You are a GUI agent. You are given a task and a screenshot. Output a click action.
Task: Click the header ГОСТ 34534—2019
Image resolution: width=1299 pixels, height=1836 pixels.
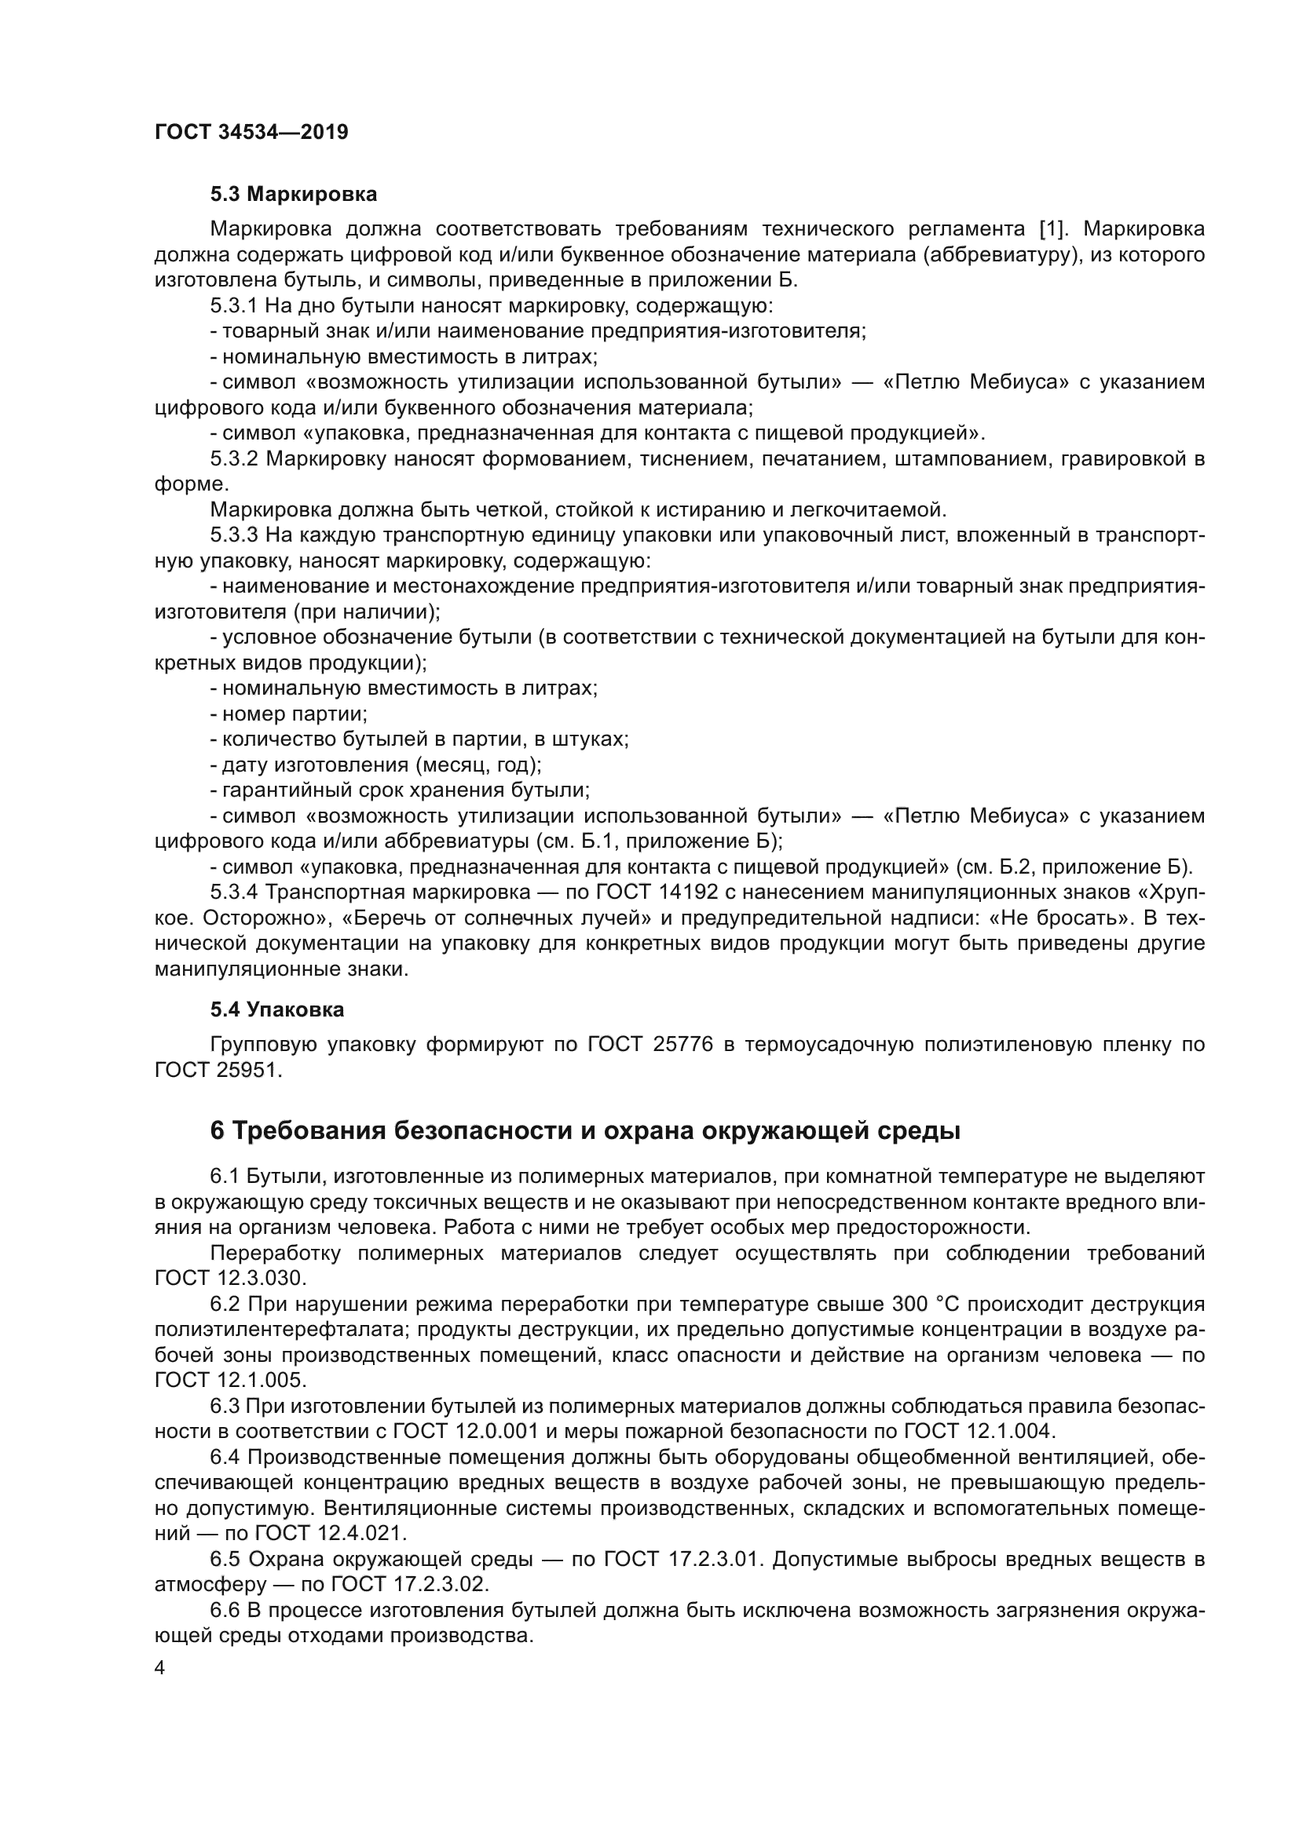tap(251, 132)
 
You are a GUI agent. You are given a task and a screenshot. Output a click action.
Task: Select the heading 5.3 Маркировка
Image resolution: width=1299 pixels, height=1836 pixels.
tap(294, 195)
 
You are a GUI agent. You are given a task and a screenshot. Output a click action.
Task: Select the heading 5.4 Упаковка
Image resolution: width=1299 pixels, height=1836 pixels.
tap(277, 1010)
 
